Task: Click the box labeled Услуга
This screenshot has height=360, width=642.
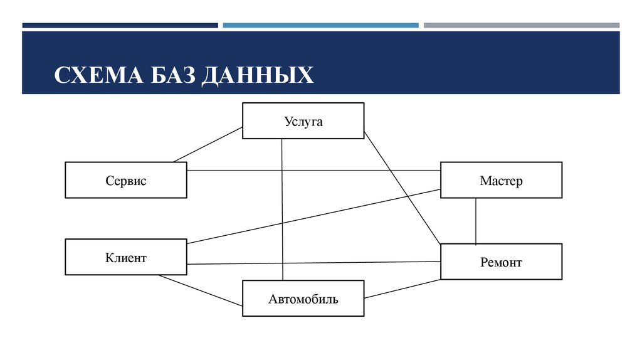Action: (x=303, y=121)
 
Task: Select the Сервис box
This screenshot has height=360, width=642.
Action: (x=125, y=181)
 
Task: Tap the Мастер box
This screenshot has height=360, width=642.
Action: (x=501, y=181)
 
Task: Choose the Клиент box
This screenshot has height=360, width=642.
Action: (x=125, y=257)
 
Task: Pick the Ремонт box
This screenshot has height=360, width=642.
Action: (x=501, y=262)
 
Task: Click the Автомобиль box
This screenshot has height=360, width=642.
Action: (x=303, y=299)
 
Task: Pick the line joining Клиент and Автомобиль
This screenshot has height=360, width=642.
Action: (x=201, y=290)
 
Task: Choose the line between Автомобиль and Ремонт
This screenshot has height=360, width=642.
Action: (x=401, y=289)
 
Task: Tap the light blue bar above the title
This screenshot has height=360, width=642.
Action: (x=320, y=26)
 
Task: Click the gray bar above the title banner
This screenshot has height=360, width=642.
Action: (x=521, y=26)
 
